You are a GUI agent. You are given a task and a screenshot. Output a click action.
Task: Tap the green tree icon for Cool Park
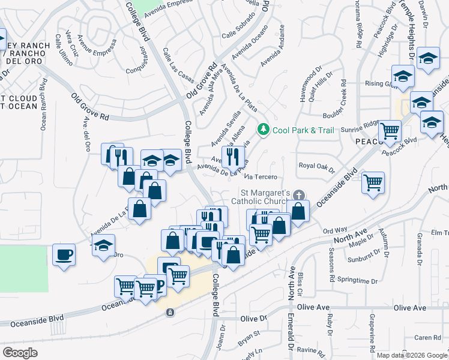point(262,129)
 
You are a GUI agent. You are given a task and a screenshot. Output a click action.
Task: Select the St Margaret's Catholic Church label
point(264,197)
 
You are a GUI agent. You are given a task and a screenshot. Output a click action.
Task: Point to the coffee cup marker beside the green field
point(64,254)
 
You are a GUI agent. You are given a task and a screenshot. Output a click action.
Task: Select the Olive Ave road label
point(410,308)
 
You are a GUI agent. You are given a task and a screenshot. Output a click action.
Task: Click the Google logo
point(20,353)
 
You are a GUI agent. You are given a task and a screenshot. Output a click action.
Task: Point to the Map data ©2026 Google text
point(412,355)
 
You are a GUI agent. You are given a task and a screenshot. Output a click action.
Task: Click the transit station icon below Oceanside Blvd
point(170,312)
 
